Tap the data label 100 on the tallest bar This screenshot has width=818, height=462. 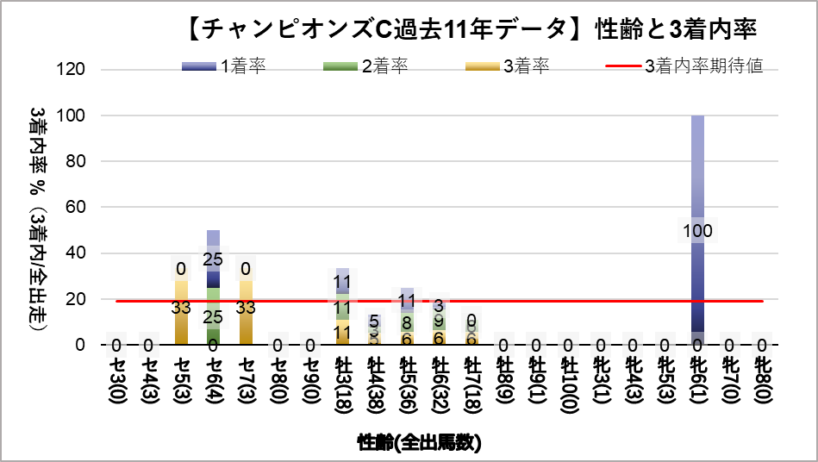point(697,230)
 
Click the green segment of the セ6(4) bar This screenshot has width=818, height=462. point(213,312)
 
